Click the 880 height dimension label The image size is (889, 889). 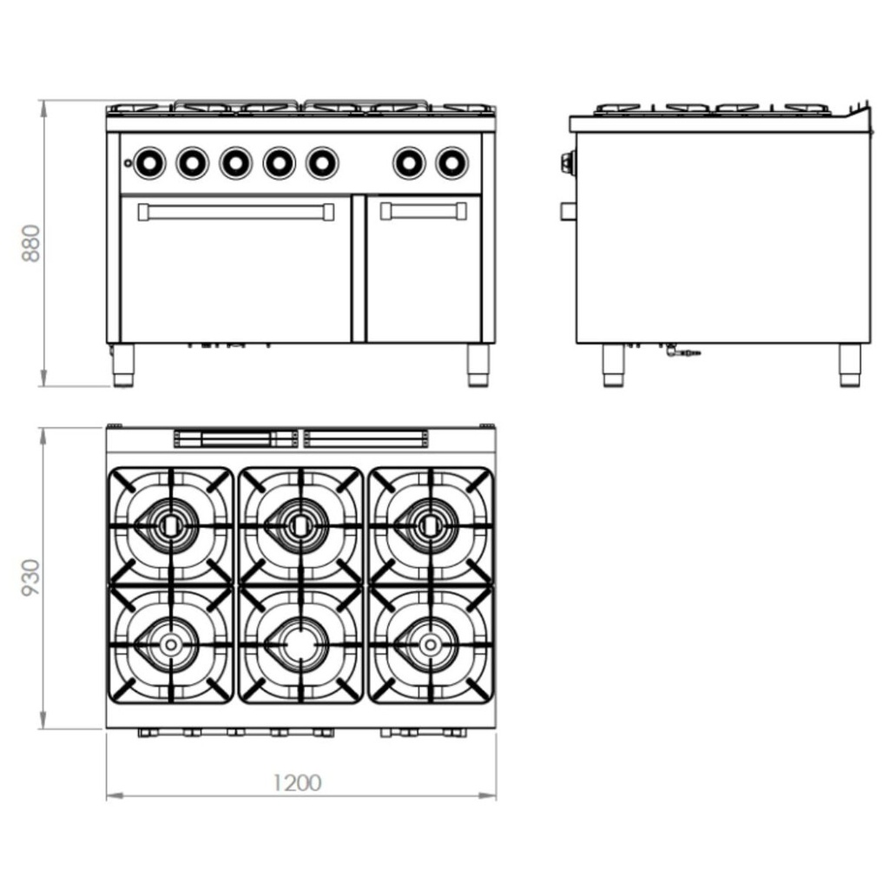[31, 244]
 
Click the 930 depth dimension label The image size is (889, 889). [31, 578]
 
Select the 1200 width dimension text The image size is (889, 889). [298, 782]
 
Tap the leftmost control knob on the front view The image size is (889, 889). [149, 161]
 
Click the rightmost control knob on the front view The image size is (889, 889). [451, 161]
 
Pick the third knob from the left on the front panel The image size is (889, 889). [235, 161]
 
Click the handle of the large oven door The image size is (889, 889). [235, 212]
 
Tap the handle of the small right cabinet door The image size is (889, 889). [424, 211]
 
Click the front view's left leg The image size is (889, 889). [123, 365]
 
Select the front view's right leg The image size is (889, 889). [478, 365]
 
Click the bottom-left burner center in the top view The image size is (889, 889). [171, 643]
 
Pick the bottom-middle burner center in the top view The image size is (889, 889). [300, 643]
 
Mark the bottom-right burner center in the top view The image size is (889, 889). [430, 643]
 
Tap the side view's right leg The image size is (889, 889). [849, 365]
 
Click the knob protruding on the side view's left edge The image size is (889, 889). [568, 161]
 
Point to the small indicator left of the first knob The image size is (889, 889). [128, 162]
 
